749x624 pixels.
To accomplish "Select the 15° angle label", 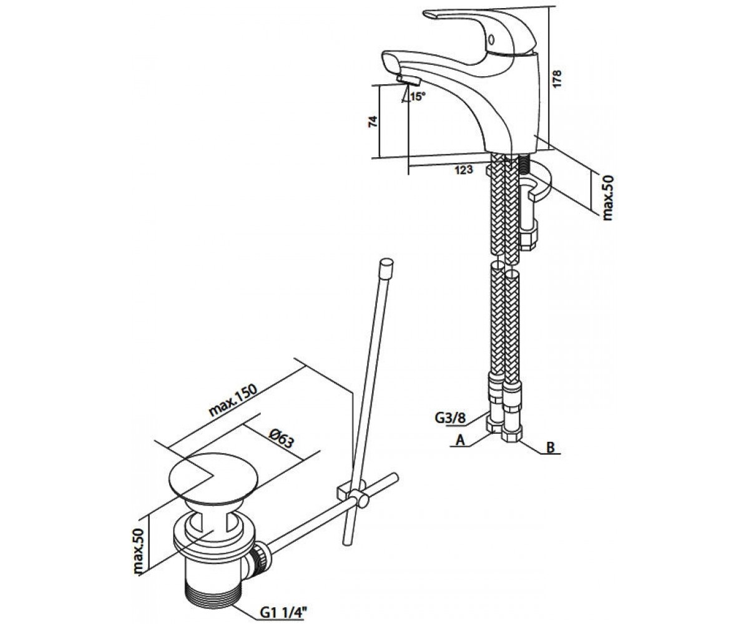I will point(417,97).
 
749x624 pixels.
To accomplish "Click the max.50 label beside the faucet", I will point(609,197).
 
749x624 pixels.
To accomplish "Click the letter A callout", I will point(461,441).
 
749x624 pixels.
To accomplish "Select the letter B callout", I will point(551,447).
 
